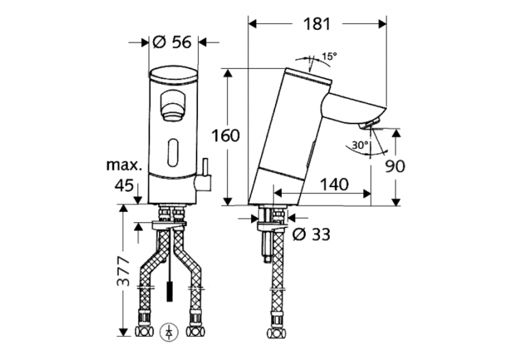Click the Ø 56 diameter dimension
pos(172,42)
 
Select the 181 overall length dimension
pos(317,23)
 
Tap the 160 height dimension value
pos(226,135)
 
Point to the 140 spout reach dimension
pos(332,184)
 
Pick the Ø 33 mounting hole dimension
pos(311,234)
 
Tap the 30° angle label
pos(361,145)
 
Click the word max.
pos(124,165)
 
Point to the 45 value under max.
pos(123,184)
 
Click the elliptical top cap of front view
pos(173,76)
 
